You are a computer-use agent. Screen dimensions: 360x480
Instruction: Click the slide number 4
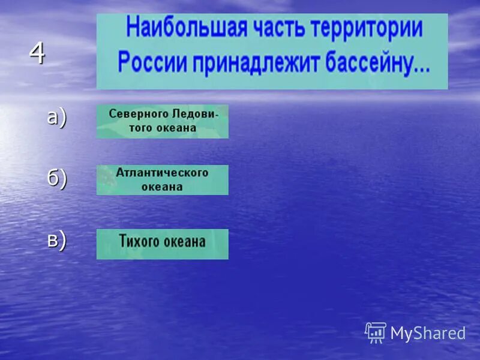(37, 55)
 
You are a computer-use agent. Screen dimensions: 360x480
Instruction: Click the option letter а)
(56, 118)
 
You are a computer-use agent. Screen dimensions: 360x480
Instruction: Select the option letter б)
(56, 179)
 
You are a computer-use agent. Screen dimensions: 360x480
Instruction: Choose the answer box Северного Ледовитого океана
(162, 121)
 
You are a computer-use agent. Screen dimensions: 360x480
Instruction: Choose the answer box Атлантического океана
(162, 179)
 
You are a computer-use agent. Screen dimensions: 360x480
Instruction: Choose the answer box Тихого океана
(162, 244)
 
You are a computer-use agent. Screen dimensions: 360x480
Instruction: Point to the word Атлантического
(162, 173)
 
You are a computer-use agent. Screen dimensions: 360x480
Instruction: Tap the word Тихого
(138, 242)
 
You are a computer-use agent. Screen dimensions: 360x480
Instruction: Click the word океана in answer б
(162, 187)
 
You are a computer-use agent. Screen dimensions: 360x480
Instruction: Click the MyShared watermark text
(428, 333)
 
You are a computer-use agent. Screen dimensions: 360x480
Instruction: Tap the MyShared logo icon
(376, 332)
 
